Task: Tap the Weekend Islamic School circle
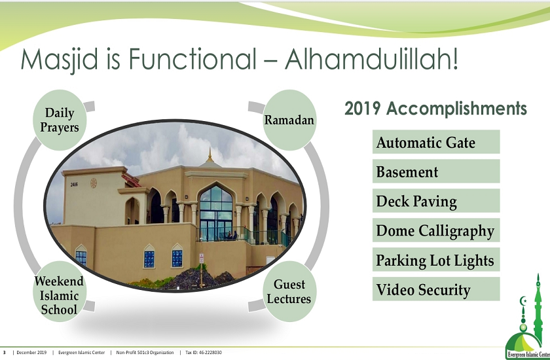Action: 60,295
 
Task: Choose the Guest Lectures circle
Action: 289,292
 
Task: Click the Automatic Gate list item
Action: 436,142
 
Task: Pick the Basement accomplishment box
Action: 436,171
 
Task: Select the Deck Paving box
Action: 436,201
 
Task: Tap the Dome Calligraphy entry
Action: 436,230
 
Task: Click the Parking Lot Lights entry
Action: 436,260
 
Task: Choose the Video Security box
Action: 436,289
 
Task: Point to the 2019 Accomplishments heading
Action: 435,109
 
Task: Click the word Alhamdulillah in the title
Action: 371,59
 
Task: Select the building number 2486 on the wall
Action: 74,185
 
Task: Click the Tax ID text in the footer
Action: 204,353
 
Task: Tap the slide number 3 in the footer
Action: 5,353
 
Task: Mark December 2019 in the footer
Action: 31,353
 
